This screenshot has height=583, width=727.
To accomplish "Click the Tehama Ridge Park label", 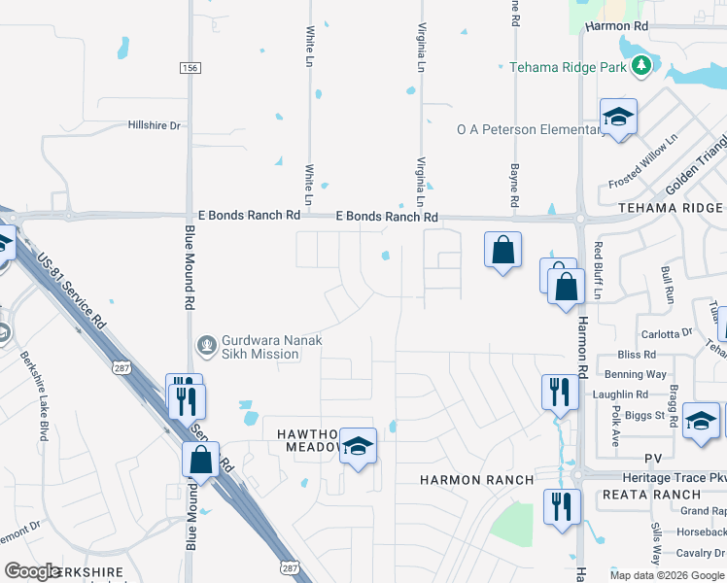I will point(569,67).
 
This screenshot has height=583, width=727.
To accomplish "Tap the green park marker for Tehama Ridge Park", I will point(640,65).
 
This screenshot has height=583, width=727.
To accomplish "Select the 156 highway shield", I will point(190,67).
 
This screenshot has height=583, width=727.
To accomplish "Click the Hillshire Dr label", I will point(155,125).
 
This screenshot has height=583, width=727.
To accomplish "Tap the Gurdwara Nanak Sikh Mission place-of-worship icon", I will point(206,344).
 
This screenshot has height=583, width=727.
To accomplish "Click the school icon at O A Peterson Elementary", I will point(618,119).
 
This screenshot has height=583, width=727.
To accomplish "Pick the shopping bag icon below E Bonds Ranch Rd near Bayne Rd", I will point(503,251).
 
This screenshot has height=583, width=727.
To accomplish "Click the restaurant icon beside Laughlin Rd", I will point(559,392).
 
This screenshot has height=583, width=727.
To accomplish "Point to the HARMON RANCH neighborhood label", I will point(476,480).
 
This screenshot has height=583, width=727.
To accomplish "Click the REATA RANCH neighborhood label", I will point(666,495).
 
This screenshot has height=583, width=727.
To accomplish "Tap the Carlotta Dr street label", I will point(666,333).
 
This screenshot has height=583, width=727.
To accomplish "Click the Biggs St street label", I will point(645,415).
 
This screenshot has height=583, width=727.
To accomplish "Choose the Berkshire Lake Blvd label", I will point(31,394).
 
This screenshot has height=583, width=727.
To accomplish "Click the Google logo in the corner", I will point(32,571).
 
